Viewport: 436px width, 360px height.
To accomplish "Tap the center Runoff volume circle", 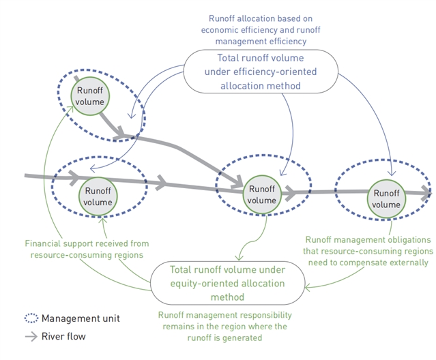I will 261,194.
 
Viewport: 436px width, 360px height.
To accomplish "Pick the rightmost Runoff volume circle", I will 387,198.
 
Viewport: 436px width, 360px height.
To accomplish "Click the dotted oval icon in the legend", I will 31,318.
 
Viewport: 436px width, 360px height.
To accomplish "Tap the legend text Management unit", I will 81,318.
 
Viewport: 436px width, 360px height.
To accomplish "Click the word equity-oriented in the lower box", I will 204,283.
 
